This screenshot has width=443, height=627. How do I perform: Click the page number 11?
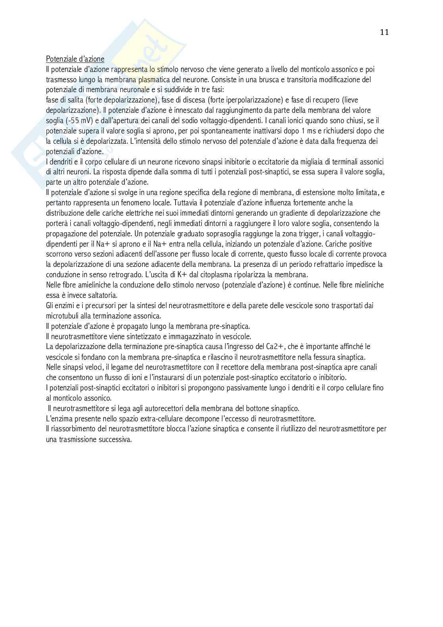[384, 33]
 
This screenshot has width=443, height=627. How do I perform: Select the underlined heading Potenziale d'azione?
[75, 59]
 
